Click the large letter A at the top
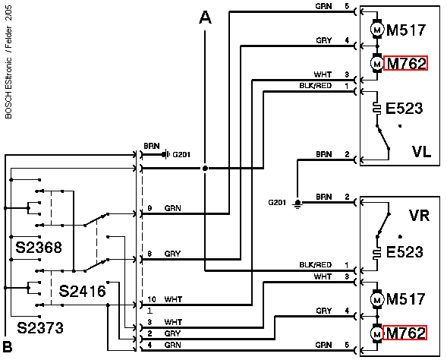(x=205, y=17)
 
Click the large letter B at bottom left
(x=8, y=346)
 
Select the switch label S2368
(x=39, y=248)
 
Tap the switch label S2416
(x=82, y=291)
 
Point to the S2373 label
(x=40, y=328)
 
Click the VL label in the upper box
(x=421, y=151)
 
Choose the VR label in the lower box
(x=419, y=216)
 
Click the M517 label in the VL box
(x=406, y=30)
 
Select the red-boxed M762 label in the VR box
(x=405, y=333)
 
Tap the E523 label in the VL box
(x=404, y=109)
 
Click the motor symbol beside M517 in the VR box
(x=377, y=299)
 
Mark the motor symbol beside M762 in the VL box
(x=377, y=63)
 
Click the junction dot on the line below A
(x=205, y=169)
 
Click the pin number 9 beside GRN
(x=150, y=208)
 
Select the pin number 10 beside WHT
(x=152, y=299)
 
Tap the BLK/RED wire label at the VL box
(x=315, y=86)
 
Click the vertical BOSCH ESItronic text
(x=8, y=88)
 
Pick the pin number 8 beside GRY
(x=150, y=254)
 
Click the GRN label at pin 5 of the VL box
(x=323, y=6)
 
